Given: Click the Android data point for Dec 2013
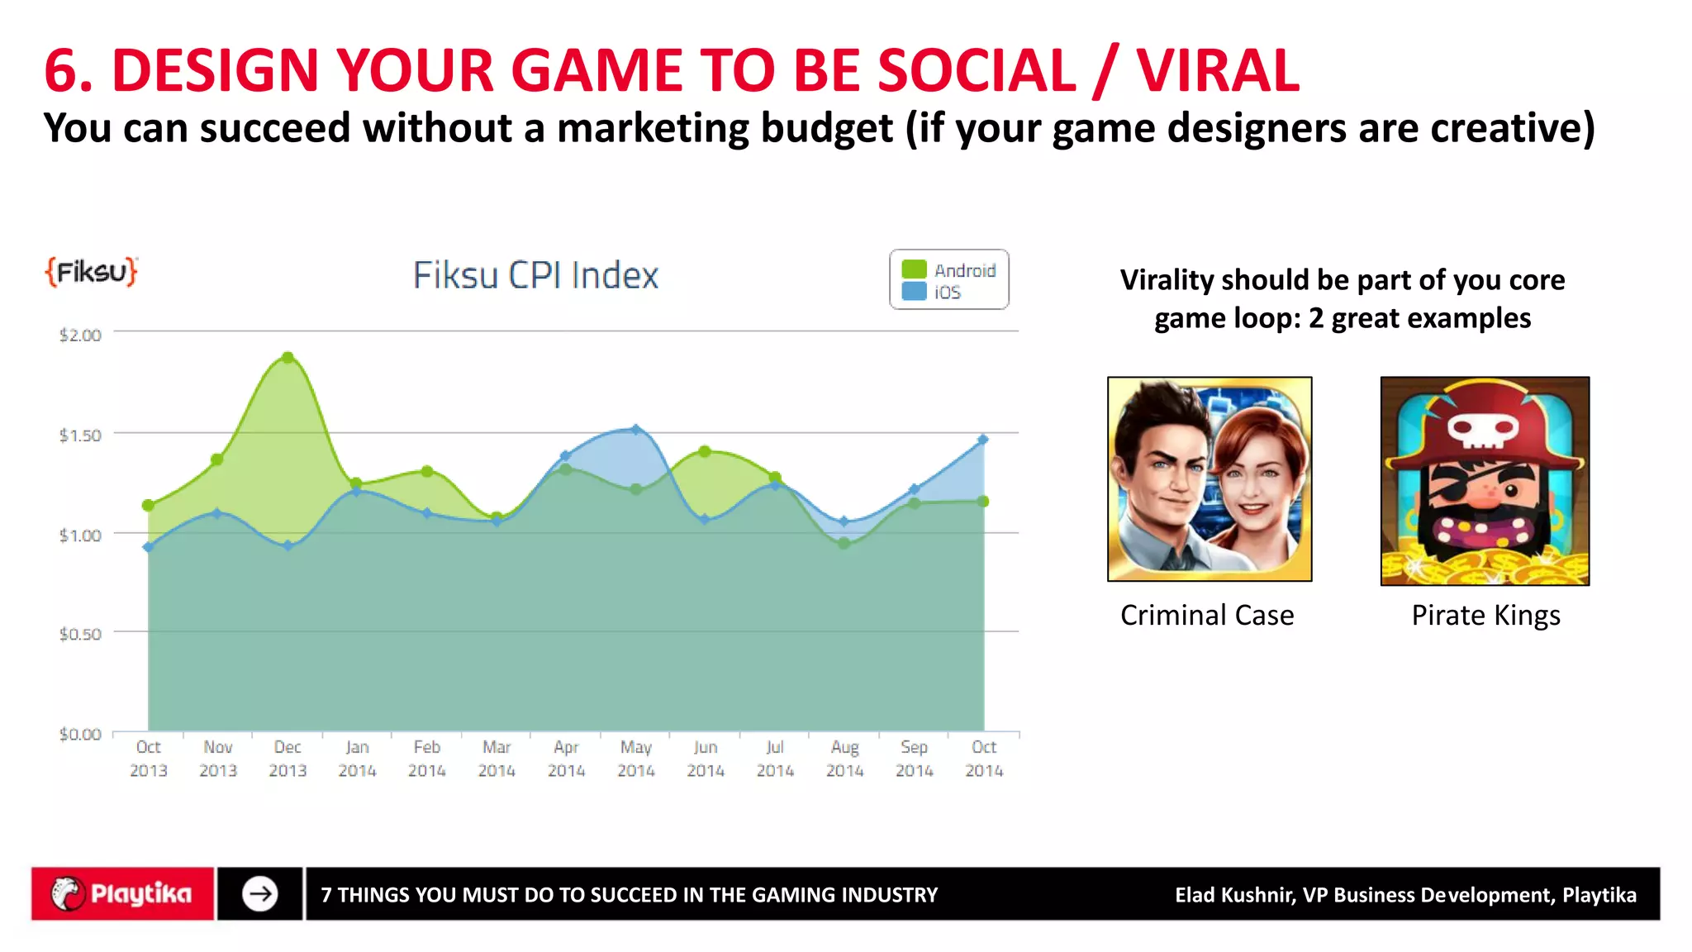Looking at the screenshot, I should [288, 358].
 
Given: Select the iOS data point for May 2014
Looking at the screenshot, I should [635, 430].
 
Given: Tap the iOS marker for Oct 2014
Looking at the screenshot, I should [983, 440].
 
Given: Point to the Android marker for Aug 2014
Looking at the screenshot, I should [844, 544].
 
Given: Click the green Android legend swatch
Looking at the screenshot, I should [914, 269].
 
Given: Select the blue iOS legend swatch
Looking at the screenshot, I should [914, 292].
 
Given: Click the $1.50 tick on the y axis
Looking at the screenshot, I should [80, 436].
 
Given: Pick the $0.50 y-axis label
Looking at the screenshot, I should [80, 634].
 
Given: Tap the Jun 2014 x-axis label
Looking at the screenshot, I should [706, 759].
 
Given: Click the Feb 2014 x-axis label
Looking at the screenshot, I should [427, 759].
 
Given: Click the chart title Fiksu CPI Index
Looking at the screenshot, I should [535, 275].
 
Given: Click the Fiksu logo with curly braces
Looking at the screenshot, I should [91, 271].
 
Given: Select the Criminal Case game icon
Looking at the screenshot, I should [1210, 479].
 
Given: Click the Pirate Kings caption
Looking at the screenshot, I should [1485, 616].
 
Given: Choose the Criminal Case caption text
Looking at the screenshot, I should [1207, 616].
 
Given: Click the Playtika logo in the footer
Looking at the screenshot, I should [122, 894].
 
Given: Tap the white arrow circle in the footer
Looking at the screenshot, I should [260, 894].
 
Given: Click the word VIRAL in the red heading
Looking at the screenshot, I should [1217, 70].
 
